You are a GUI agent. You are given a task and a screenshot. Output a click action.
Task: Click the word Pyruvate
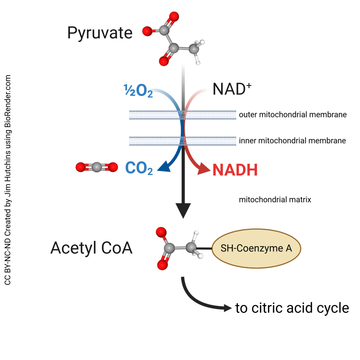[x=100, y=33]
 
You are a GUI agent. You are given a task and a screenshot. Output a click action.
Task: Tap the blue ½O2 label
[x=138, y=91]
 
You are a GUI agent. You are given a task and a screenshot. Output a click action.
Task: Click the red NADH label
[x=235, y=170]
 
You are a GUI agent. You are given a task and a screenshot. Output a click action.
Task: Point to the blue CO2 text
[x=139, y=168]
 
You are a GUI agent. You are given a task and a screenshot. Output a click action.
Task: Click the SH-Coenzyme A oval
[x=256, y=248]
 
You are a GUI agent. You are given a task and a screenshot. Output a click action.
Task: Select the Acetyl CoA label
[x=91, y=248]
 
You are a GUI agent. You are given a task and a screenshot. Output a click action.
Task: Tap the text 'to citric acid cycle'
[x=292, y=308]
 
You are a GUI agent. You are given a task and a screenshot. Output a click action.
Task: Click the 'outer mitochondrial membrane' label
[x=292, y=115]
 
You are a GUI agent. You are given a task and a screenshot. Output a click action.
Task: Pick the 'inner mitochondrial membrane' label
[x=292, y=141]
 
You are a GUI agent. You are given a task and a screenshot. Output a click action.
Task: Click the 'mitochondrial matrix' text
[x=275, y=200]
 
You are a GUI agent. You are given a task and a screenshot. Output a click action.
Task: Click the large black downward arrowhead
[x=183, y=211]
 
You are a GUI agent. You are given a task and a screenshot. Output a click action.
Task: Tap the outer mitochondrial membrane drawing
[x=155, y=115]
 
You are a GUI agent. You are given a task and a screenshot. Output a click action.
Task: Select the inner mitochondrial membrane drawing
[x=155, y=141]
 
